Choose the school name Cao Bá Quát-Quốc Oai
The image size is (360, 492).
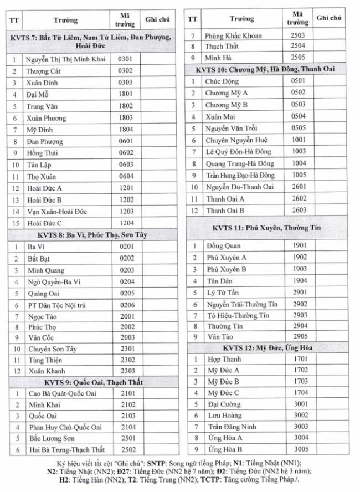(63, 393)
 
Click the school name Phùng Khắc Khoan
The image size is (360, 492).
(233, 35)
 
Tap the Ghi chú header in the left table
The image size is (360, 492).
(157, 20)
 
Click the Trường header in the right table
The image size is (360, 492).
(242, 19)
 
